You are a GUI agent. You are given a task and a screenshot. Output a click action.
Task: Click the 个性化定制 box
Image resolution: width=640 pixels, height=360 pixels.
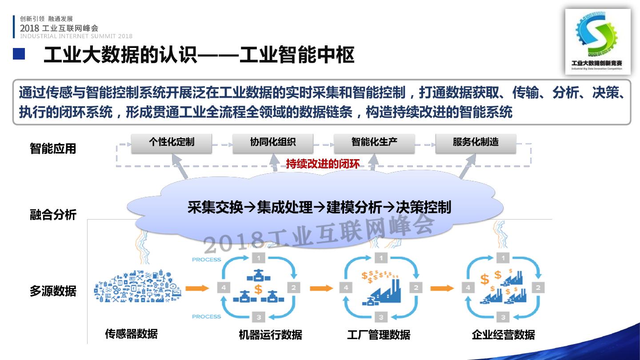point(172,143)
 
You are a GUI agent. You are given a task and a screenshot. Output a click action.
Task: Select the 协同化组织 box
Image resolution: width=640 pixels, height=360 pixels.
point(273,143)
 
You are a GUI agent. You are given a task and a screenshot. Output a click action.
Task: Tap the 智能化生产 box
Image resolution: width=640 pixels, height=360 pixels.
point(374,143)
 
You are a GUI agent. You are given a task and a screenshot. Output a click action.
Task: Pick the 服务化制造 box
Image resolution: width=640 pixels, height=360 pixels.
point(476,143)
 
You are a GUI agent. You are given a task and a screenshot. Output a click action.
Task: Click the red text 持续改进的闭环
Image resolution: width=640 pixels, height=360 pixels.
point(323,164)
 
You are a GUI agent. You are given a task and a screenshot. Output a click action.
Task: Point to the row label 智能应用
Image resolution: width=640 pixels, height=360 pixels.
point(53,148)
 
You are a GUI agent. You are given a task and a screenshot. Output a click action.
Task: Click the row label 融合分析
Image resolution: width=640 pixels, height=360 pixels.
point(53,215)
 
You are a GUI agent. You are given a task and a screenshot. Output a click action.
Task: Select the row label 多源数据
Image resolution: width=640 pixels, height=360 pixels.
point(53,291)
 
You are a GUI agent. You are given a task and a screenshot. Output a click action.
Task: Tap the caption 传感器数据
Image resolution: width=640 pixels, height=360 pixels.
point(131,334)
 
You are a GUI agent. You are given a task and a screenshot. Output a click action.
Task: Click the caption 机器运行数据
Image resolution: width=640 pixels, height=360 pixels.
point(270,335)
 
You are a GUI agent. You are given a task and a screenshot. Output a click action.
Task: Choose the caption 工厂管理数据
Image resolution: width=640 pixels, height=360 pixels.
point(379,335)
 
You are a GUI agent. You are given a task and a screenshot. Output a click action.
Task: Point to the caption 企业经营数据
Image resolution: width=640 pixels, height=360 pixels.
point(503,335)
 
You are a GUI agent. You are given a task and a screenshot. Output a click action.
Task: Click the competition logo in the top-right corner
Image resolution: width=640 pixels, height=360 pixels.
point(598,42)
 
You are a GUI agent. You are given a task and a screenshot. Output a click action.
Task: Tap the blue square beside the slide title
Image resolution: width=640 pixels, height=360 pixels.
point(19,54)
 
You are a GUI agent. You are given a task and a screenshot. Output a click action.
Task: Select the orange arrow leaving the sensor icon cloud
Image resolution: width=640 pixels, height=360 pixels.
point(197,288)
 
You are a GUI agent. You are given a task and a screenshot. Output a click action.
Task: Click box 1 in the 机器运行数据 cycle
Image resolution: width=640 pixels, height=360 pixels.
point(259,258)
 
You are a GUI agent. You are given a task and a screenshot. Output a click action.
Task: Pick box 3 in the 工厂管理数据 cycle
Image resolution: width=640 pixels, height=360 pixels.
point(380,317)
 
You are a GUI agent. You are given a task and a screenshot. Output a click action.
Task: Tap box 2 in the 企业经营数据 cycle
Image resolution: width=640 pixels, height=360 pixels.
point(538,288)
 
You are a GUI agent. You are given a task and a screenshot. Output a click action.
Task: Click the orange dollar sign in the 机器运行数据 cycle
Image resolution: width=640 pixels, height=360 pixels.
point(258,289)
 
